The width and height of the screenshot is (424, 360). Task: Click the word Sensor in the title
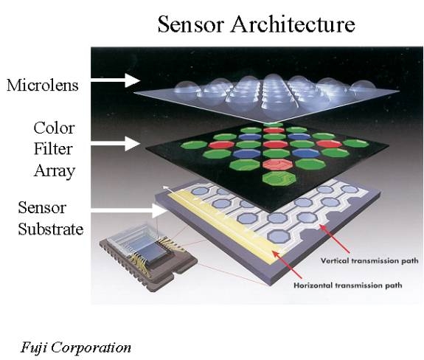(191, 24)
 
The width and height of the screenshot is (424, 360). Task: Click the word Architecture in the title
(293, 24)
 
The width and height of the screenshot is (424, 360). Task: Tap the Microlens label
(43, 85)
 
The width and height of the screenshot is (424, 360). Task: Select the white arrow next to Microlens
(116, 80)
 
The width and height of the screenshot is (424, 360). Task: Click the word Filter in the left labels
(53, 149)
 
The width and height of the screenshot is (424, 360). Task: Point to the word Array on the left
(54, 171)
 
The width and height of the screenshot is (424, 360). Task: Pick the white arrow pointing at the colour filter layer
(116, 143)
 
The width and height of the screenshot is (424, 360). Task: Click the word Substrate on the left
(51, 229)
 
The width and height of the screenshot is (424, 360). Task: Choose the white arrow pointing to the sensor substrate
(129, 211)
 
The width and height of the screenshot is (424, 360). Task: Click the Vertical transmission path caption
(369, 260)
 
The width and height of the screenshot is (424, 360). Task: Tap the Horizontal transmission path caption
(348, 285)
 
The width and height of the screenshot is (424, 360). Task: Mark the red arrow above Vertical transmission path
(335, 238)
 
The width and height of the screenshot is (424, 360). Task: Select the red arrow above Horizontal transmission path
(287, 264)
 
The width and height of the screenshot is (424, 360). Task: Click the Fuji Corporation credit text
(76, 347)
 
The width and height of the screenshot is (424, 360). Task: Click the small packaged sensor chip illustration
(148, 257)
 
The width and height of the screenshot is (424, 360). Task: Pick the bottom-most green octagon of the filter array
(279, 179)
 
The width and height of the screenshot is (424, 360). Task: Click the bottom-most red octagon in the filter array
(278, 165)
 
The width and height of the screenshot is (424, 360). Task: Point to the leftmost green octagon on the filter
(194, 145)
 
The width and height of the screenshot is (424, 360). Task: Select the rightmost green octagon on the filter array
(356, 143)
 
